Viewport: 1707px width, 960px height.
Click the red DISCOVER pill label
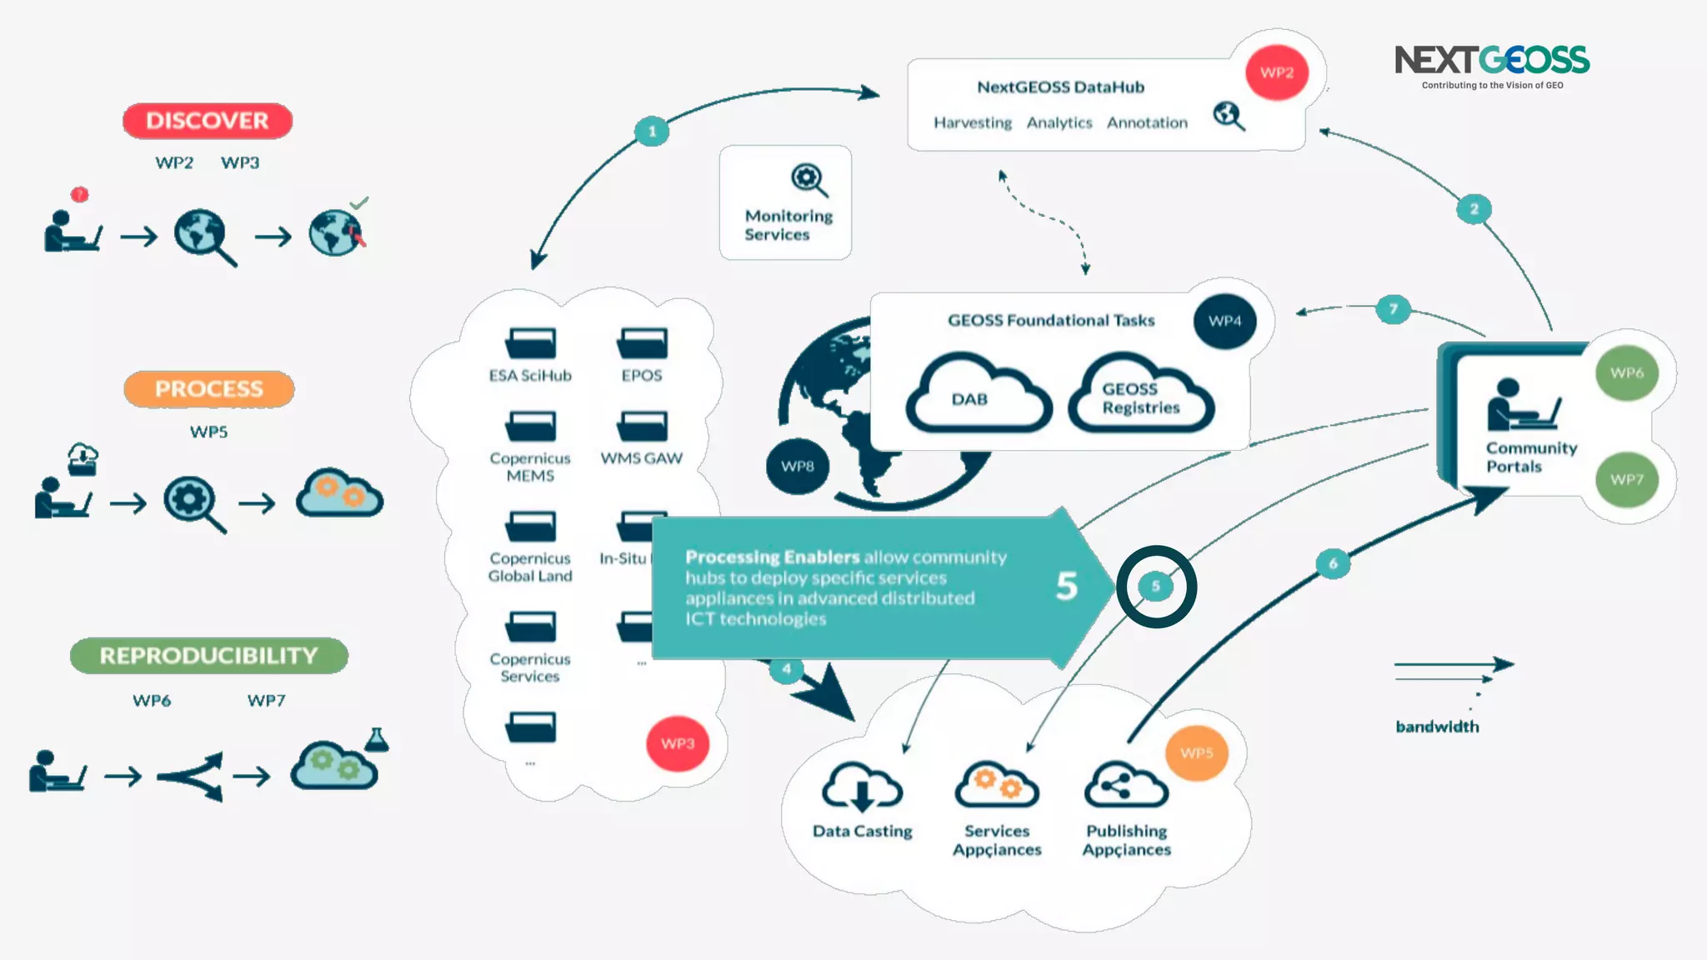(x=208, y=121)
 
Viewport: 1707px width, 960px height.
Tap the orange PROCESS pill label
(x=208, y=389)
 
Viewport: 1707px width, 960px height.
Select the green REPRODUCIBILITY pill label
(x=208, y=656)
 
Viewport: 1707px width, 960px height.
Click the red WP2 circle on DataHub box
(x=1276, y=72)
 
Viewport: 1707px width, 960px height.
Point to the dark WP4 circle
(x=1224, y=321)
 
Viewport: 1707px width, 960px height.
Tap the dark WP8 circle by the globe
(x=797, y=466)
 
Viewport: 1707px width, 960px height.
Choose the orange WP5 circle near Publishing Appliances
(x=1196, y=753)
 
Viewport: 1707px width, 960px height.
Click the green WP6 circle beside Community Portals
(x=1626, y=372)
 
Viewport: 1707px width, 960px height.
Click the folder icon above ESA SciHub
(x=530, y=342)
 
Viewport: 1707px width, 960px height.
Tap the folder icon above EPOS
(x=642, y=342)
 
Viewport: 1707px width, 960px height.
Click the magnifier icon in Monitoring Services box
(x=808, y=179)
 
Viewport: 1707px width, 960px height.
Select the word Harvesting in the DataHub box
(x=972, y=122)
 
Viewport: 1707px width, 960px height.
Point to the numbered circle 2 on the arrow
(x=1474, y=209)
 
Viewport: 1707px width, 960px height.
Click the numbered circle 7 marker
(x=1393, y=309)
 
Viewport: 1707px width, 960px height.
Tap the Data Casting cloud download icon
(x=862, y=787)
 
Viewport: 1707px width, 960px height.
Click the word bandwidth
(x=1437, y=727)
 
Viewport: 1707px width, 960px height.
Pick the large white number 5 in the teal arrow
(x=1067, y=586)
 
